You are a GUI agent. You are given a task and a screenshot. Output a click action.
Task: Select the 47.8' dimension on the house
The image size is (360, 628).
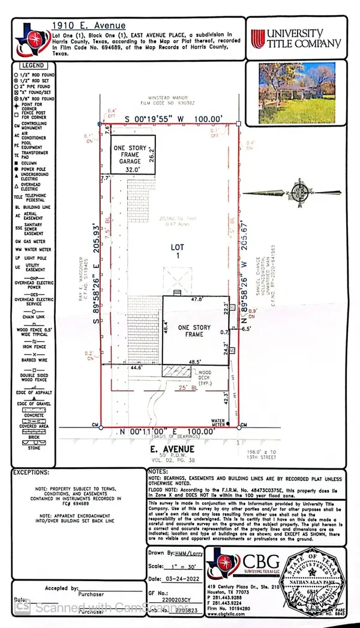[x=196, y=298]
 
